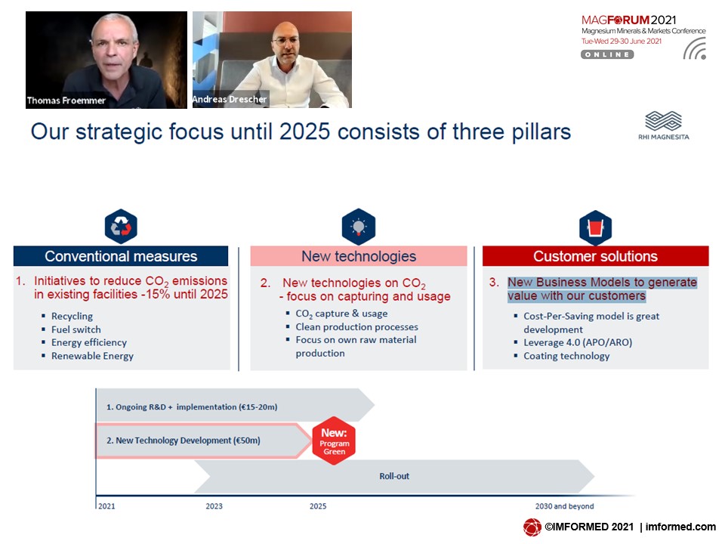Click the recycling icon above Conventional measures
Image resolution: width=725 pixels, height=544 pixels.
(x=121, y=226)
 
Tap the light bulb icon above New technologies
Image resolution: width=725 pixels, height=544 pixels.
(x=358, y=227)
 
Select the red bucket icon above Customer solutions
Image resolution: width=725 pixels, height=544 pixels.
(x=596, y=227)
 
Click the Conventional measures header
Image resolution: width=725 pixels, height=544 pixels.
(x=121, y=256)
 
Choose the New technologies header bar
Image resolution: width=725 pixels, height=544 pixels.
(x=359, y=256)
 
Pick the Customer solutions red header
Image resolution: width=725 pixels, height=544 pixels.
(x=596, y=256)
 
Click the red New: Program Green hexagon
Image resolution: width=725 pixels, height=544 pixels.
(x=334, y=440)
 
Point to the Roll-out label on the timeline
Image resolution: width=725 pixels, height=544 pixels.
(x=394, y=476)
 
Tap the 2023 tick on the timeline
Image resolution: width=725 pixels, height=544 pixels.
(x=214, y=506)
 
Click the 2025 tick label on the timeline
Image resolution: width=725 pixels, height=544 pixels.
(x=318, y=506)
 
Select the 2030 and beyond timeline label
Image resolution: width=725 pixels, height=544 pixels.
(x=565, y=506)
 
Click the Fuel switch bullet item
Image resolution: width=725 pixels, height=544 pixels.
(x=76, y=329)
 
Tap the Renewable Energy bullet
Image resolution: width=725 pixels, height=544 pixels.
(x=92, y=356)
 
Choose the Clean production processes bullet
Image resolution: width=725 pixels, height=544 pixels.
(x=356, y=326)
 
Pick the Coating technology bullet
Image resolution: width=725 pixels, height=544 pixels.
(x=566, y=356)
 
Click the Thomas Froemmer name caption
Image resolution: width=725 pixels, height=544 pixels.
(x=66, y=100)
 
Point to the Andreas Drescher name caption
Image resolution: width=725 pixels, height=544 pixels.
(x=230, y=99)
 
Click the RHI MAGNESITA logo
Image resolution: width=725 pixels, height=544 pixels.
(x=664, y=125)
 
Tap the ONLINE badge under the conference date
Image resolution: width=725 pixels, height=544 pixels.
(x=607, y=54)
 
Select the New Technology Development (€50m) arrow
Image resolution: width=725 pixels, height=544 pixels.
(x=203, y=440)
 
